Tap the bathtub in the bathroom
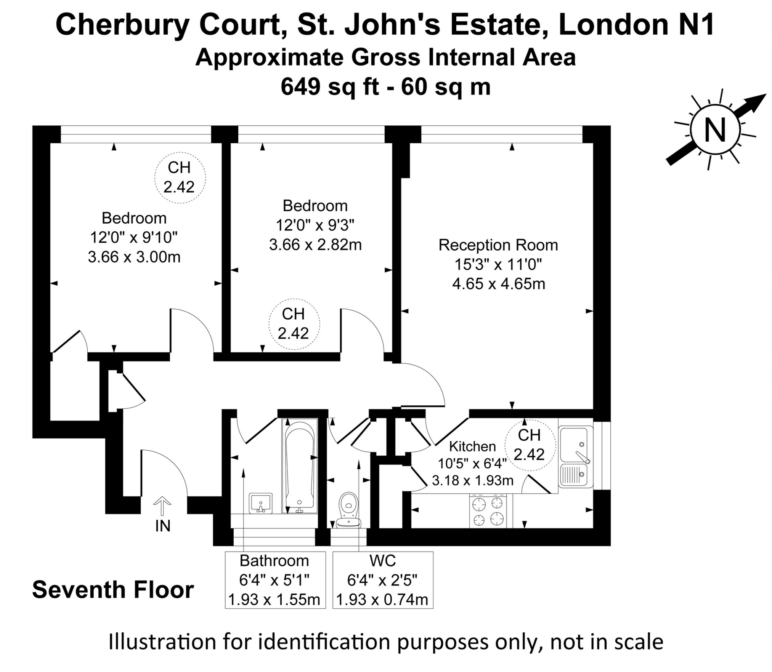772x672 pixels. pos(300,466)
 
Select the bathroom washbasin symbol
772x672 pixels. pos(261,503)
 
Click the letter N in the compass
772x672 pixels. pos(715,130)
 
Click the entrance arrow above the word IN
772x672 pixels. pos(162,506)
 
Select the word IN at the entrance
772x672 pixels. pos(163,526)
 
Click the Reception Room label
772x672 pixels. pos(498,245)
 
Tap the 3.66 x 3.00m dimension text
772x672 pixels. pos(134,257)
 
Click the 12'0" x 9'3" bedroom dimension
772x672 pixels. pos(315,225)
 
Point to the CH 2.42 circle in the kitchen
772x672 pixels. pos(529,445)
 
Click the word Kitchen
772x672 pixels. pos(472,446)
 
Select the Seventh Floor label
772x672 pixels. pos(113,590)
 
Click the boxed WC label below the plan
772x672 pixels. pos(382,560)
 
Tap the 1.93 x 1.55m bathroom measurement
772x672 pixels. pos(274,600)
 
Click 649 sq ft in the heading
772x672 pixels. pos(330,87)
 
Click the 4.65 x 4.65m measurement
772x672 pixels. pos(499,284)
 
